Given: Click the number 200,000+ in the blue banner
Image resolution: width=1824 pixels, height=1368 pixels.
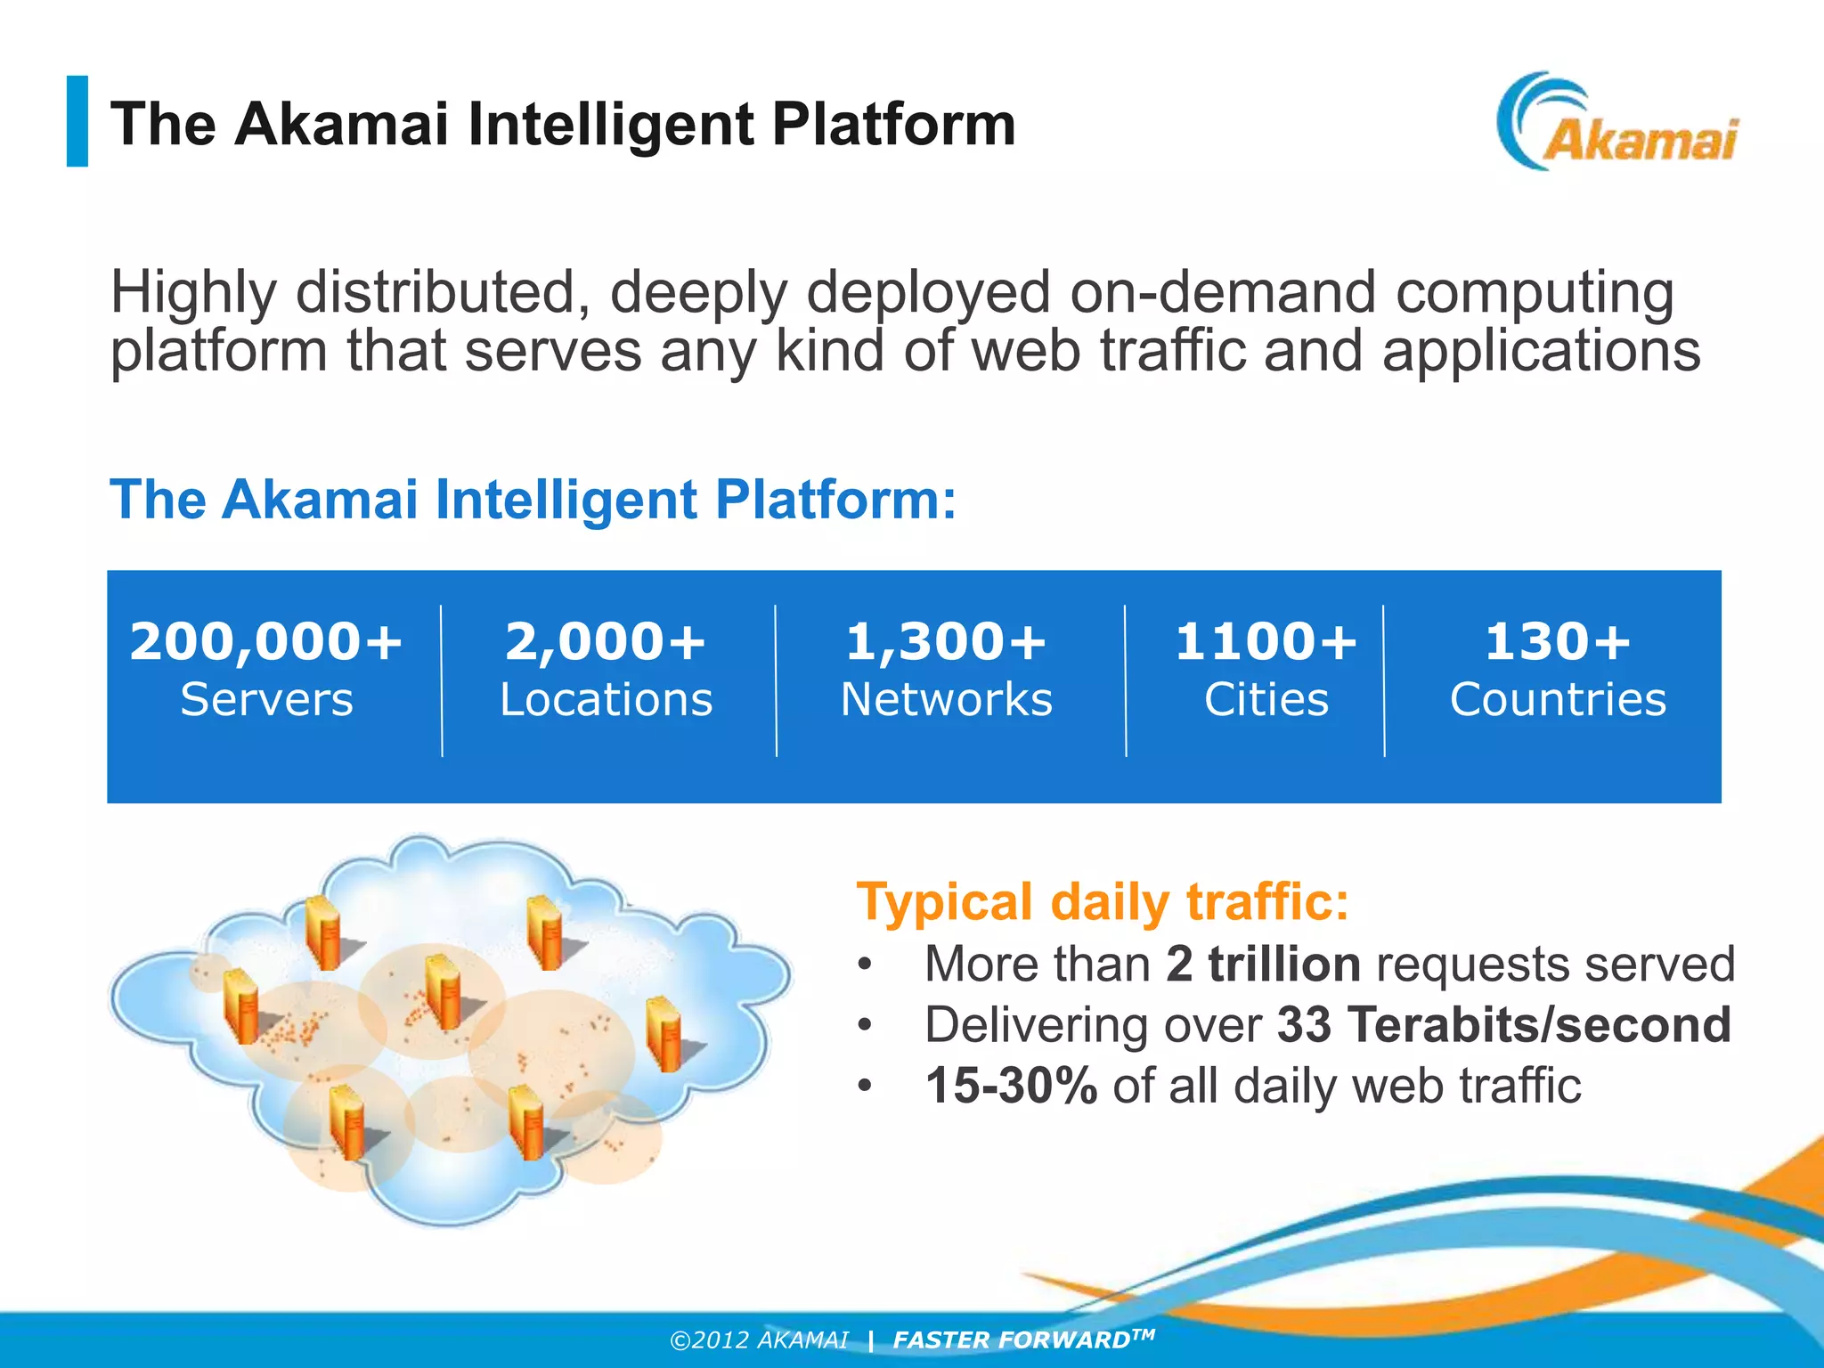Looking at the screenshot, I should [x=266, y=641].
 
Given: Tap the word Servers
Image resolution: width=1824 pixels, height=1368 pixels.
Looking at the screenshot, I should [x=266, y=699].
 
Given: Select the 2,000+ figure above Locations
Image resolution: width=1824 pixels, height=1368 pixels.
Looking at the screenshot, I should [x=606, y=641].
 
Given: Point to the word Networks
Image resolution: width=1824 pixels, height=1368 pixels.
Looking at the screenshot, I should [x=947, y=699].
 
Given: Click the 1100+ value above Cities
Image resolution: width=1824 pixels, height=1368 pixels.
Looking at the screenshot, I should [x=1266, y=641].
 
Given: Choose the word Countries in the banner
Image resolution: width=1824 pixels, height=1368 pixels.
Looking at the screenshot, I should [x=1558, y=699].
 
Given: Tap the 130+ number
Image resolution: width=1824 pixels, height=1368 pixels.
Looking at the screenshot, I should [x=1558, y=641].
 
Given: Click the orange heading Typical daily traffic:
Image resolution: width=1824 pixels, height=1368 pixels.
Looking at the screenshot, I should [x=1103, y=901].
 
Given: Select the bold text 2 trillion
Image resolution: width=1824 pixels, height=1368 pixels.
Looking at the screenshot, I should [x=1263, y=964].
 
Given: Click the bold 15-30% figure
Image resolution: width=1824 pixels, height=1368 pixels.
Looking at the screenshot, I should [x=1011, y=1086].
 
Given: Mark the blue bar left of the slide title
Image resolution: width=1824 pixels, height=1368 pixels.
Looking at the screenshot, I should [x=77, y=121].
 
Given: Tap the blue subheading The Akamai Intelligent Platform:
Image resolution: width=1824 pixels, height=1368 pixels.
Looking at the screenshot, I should [x=533, y=499].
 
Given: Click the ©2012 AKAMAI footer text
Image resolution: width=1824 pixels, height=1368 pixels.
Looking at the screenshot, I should [x=759, y=1339].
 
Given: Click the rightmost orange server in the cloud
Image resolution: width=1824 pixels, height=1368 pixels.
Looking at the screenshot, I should [x=664, y=1033].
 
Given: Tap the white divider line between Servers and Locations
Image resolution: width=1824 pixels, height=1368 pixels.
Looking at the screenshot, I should [x=442, y=681].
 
